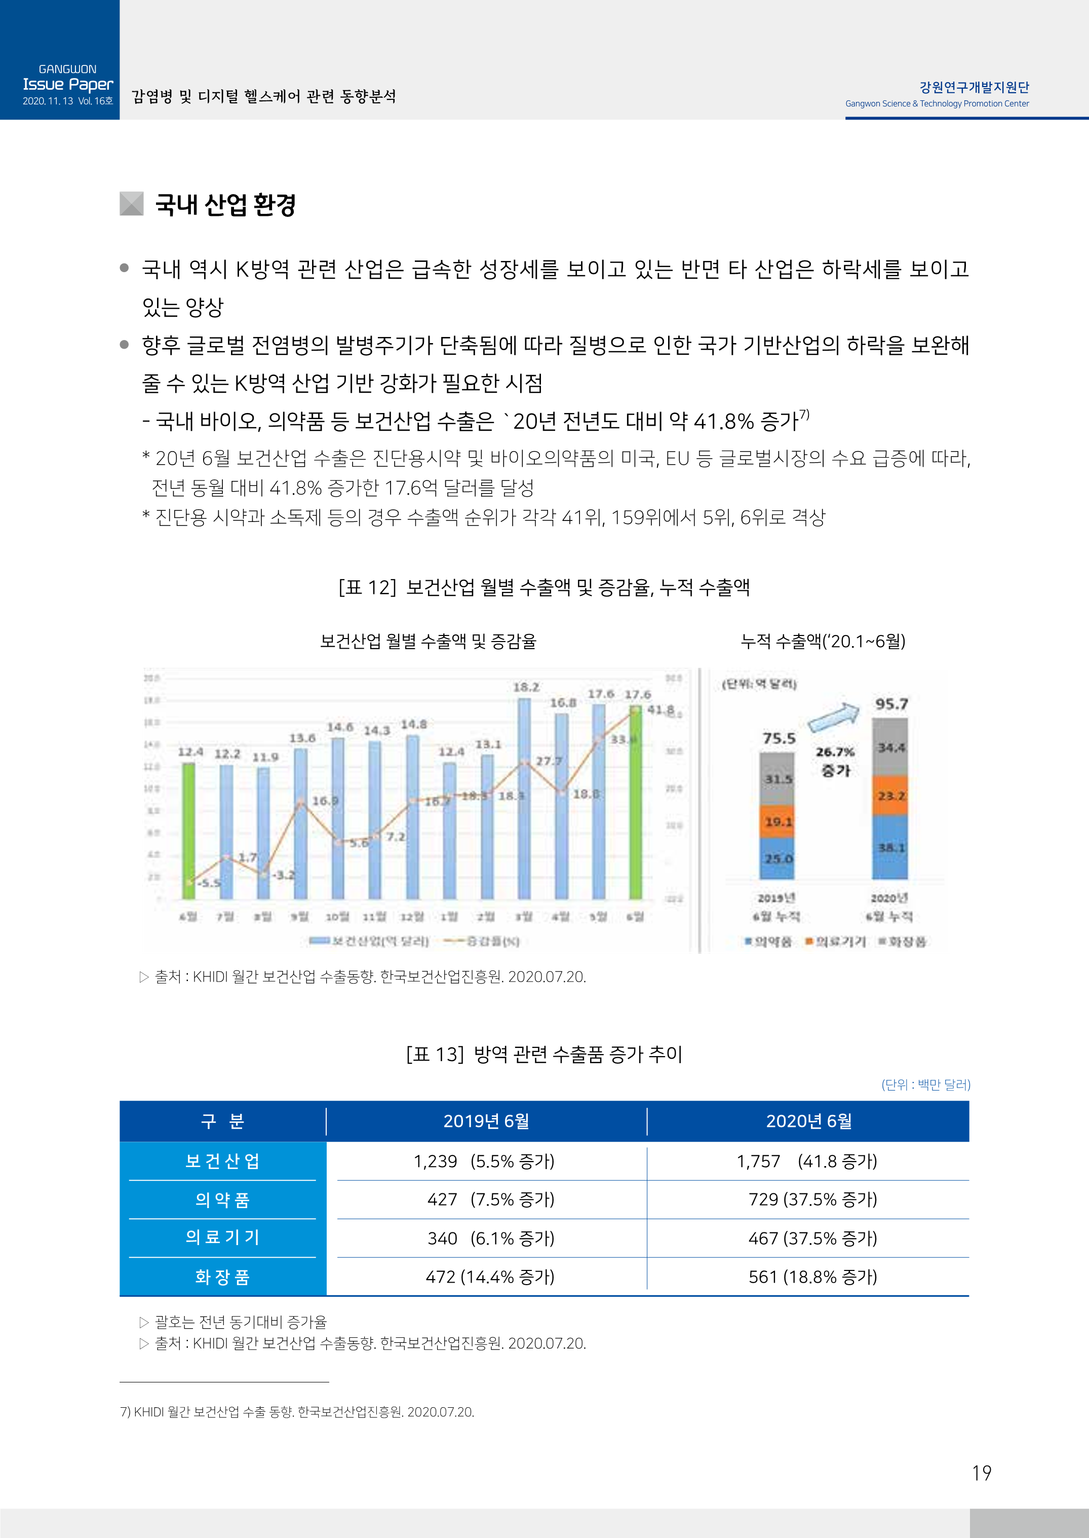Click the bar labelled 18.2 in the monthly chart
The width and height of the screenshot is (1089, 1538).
pyautogui.click(x=524, y=798)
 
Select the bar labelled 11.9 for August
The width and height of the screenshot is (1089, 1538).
pyautogui.click(x=263, y=832)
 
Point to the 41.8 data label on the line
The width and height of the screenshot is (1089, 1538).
pyautogui.click(x=660, y=709)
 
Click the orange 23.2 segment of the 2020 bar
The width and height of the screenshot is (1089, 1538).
pyautogui.click(x=890, y=796)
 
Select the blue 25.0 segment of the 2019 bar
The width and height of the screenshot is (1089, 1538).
pyautogui.click(x=776, y=858)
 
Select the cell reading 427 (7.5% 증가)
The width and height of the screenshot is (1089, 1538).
pyautogui.click(x=490, y=1199)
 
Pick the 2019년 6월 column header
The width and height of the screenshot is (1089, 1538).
pyautogui.click(x=486, y=1121)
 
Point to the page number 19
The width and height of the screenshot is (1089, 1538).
pyautogui.click(x=981, y=1473)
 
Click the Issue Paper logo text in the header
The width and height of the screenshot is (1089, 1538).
pyautogui.click(x=68, y=85)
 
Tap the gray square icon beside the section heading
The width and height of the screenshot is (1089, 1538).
pyautogui.click(x=131, y=204)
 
